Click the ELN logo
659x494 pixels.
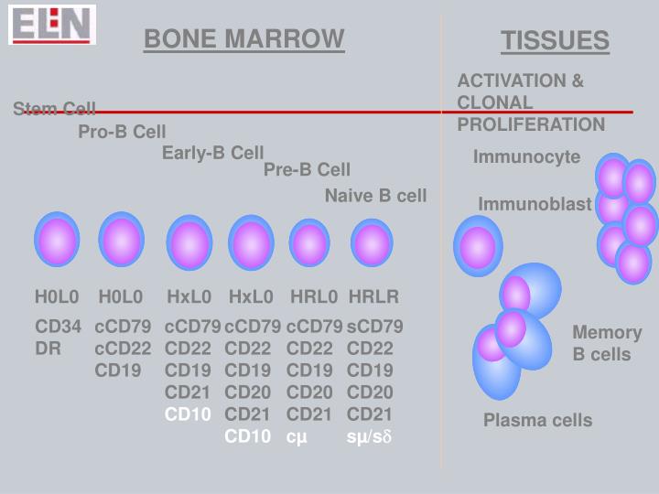52,24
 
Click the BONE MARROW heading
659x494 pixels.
244,39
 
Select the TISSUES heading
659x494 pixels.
555,41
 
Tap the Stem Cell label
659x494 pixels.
55,110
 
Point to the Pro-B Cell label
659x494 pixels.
122,133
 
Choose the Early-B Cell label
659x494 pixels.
212,153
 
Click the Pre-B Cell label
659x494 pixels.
307,169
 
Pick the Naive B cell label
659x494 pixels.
375,196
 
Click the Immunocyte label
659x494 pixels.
526,157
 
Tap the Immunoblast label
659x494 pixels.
535,204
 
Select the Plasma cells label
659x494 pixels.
537,421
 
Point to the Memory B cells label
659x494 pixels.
607,343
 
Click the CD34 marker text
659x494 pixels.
59,327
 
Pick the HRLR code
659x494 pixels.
373,296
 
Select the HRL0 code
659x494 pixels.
314,296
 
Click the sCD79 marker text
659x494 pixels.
374,327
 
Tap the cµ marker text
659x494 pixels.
297,436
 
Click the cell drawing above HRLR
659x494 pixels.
372,243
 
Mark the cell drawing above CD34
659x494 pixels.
57,240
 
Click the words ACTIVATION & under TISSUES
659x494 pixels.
520,81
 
